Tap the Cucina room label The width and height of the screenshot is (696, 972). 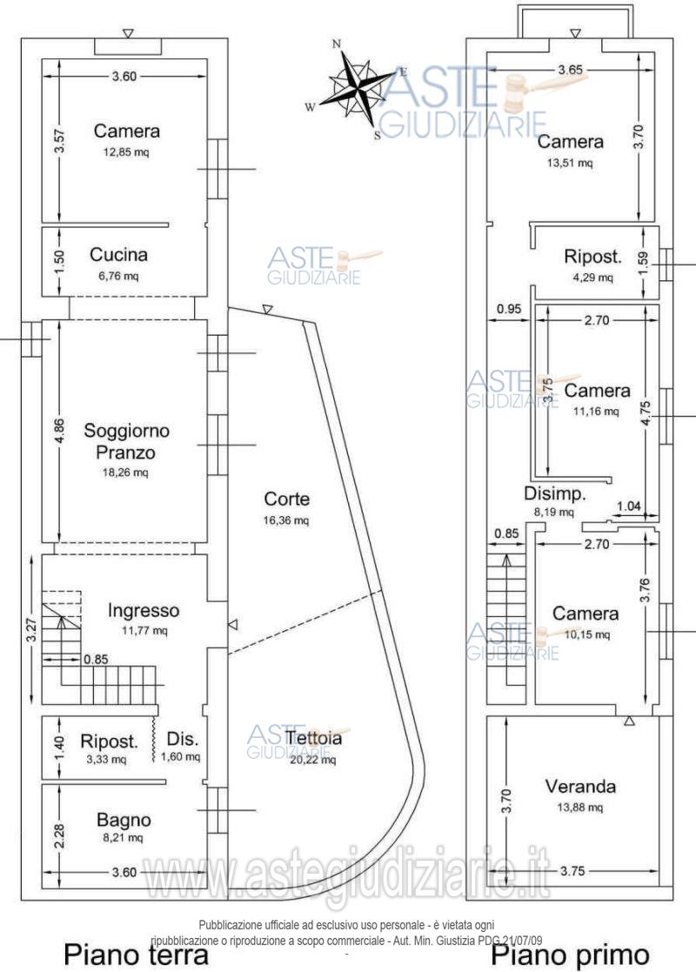(x=118, y=255)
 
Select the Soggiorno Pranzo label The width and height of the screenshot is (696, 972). (x=127, y=441)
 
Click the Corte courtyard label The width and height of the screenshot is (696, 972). (x=287, y=499)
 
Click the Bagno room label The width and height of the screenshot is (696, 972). (x=124, y=820)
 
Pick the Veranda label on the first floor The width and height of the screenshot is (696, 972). (x=580, y=787)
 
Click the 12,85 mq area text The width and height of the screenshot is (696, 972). (x=127, y=151)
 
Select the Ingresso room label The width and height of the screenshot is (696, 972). (x=144, y=610)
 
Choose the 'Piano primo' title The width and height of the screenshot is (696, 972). (x=571, y=955)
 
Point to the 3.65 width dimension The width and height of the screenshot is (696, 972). (x=574, y=69)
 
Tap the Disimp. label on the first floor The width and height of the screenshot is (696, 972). (x=554, y=493)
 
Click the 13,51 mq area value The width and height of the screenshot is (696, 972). (x=571, y=162)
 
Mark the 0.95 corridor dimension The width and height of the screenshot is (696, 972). (x=509, y=308)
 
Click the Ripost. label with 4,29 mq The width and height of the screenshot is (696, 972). (x=592, y=257)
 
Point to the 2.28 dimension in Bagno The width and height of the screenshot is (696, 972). (x=58, y=823)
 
